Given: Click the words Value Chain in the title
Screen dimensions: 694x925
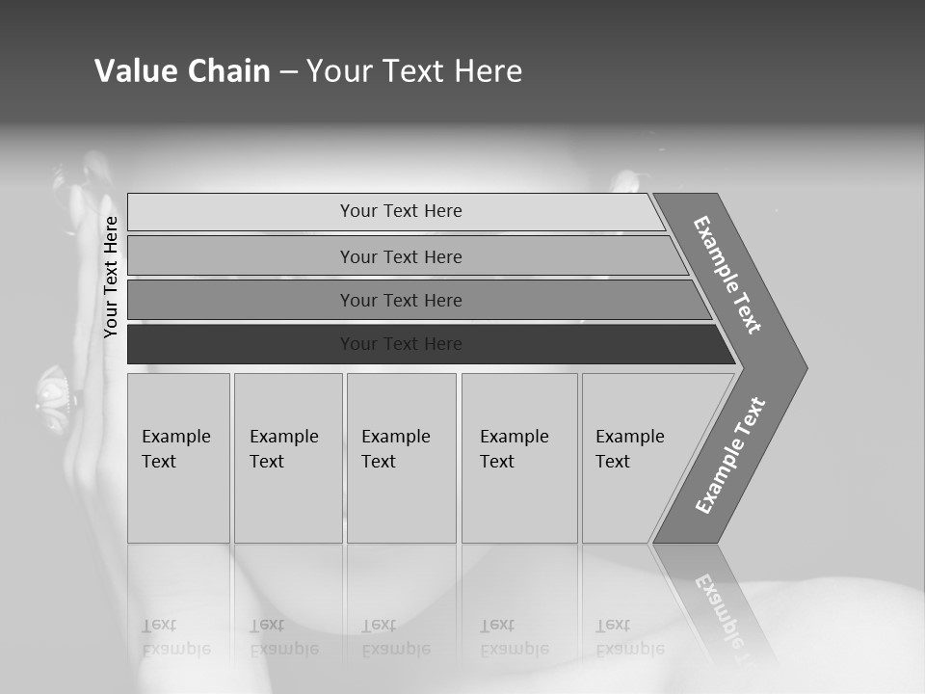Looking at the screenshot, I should [x=182, y=71].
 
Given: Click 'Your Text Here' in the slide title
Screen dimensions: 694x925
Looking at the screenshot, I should [x=414, y=71].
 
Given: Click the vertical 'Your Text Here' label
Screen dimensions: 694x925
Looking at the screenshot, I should [x=111, y=277].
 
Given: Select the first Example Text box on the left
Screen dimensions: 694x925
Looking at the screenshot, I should [x=178, y=457].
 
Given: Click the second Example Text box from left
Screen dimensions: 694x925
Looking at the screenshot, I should [x=287, y=457].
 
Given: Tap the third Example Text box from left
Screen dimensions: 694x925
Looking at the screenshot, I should [x=401, y=457].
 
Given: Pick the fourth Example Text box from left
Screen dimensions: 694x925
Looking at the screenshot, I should [x=518, y=457].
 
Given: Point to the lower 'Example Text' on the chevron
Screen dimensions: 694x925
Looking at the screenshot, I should [x=730, y=456].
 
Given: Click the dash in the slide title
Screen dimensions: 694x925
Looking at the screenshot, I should [x=288, y=72].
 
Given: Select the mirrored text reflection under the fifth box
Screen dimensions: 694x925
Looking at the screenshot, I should [x=629, y=637].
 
